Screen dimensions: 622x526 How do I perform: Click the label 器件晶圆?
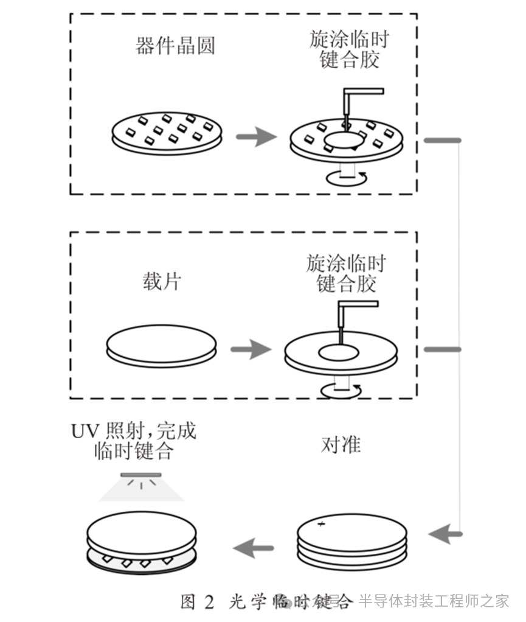point(175,46)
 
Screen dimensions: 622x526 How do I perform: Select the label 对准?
point(341,445)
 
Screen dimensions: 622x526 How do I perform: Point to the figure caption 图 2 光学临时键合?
point(266,602)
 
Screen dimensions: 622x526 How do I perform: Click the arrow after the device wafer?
point(255,136)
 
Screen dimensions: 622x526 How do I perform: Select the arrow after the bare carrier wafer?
point(251,349)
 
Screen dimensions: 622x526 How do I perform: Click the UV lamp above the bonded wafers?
point(141,475)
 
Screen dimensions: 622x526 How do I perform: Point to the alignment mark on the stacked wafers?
point(322,523)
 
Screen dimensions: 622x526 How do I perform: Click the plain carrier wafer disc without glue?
point(162,346)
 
